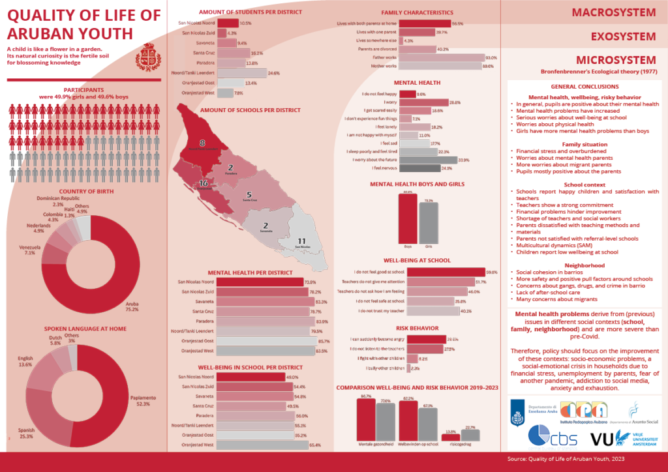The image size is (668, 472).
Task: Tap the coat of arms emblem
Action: coord(146,58)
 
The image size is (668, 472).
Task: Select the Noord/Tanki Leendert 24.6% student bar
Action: coord(242,73)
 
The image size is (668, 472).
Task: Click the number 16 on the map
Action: coord(204,183)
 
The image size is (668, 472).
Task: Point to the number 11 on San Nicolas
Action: coord(301,241)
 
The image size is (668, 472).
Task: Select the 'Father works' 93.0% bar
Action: coord(442,58)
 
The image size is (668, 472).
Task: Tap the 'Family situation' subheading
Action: coord(581,143)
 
